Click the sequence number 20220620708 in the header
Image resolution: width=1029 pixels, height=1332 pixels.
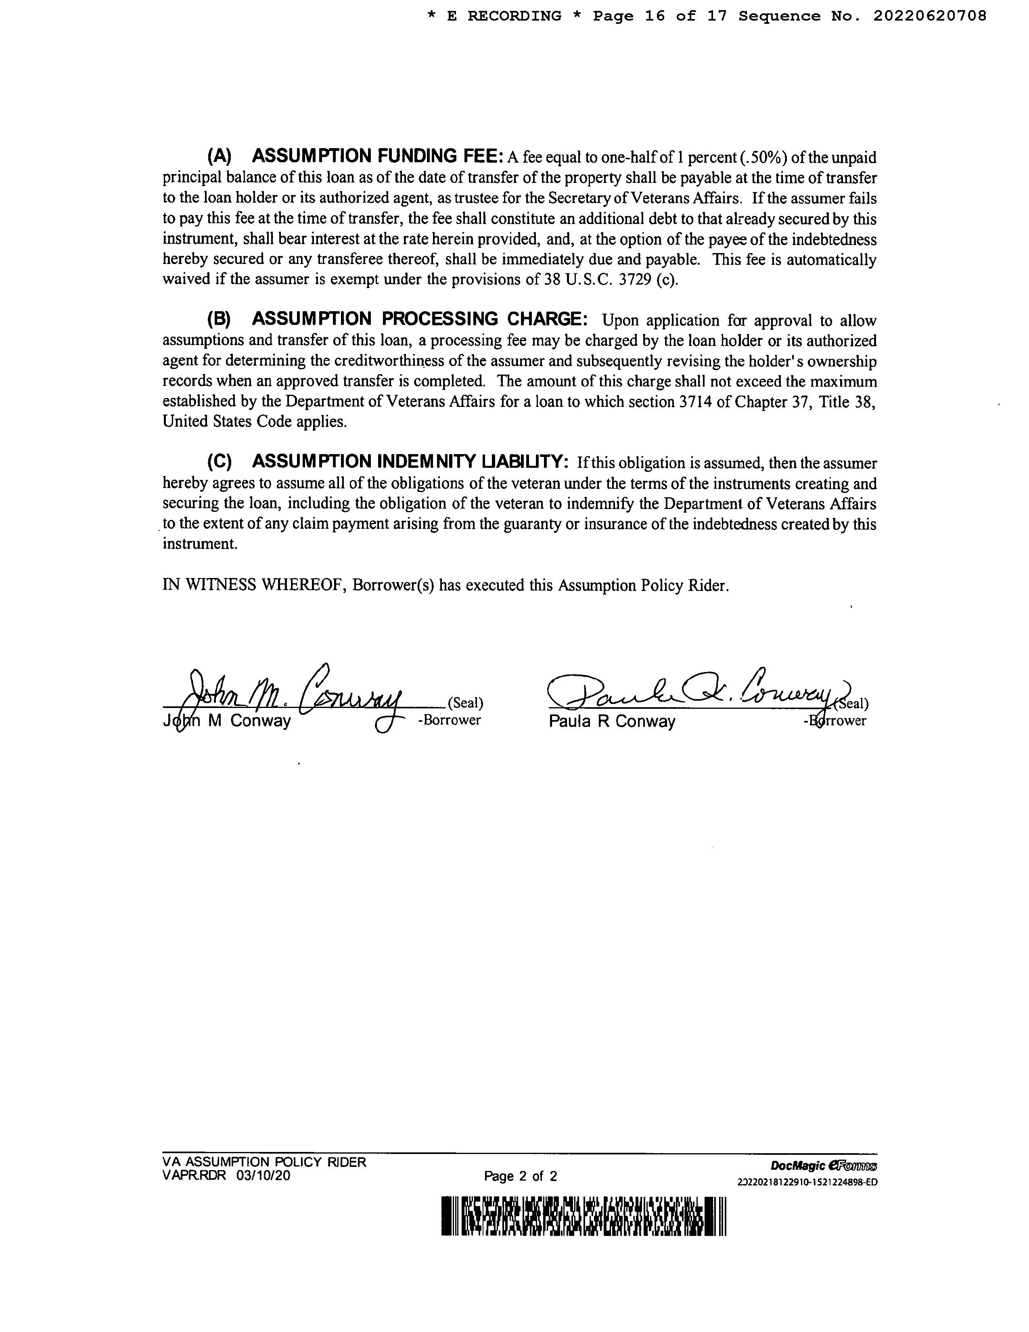930,17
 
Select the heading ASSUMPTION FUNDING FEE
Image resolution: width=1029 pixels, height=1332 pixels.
377,157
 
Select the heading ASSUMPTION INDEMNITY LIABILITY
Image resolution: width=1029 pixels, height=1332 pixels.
410,462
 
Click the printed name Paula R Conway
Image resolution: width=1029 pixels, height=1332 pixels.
612,722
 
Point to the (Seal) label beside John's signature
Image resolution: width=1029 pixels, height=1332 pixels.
465,703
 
